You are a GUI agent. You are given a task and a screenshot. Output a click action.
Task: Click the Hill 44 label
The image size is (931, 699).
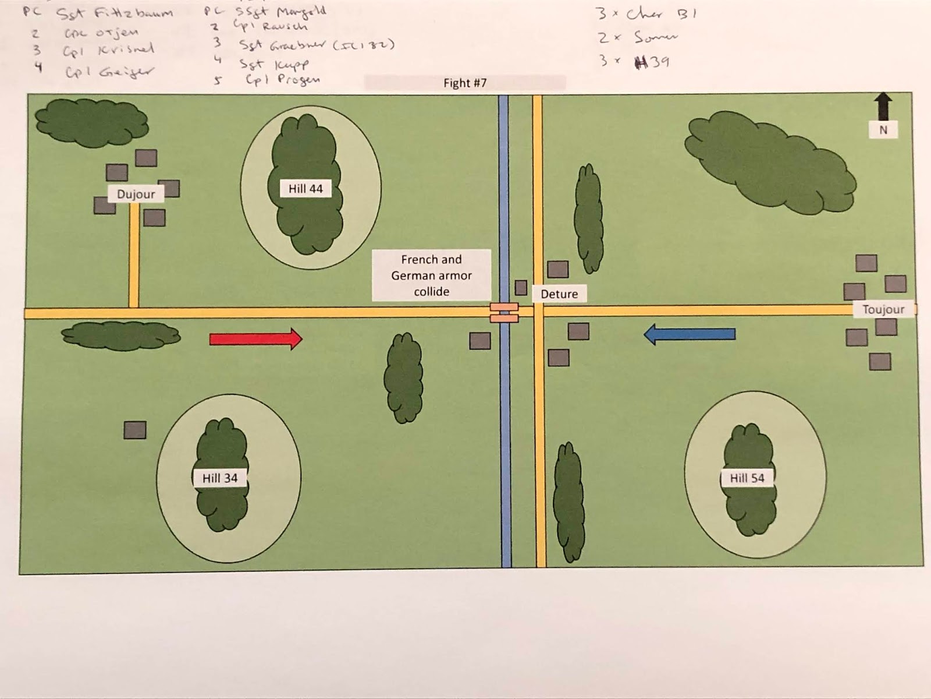[x=305, y=189]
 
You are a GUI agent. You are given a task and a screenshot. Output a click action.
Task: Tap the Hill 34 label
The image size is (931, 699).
[x=220, y=478]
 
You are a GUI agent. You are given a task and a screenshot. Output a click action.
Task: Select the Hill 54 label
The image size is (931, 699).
[x=747, y=478]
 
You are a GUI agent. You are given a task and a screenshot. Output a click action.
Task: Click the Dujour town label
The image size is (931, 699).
[x=136, y=194]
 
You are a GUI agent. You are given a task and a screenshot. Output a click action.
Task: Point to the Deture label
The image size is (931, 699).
[x=559, y=294]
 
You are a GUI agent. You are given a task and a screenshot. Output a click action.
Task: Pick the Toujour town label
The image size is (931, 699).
[x=883, y=309]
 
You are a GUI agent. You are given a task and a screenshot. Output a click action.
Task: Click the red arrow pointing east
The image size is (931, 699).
[x=255, y=338]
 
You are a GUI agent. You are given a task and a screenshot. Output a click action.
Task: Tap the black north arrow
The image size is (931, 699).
[x=883, y=106]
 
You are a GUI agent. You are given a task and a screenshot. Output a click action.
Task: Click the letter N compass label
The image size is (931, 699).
[x=883, y=130]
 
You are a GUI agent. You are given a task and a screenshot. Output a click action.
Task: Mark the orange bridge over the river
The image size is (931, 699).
[x=504, y=312]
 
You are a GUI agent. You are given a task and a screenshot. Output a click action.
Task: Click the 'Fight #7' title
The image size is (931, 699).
[x=465, y=83]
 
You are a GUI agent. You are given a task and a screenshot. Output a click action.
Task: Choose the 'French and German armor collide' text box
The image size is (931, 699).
[x=431, y=276]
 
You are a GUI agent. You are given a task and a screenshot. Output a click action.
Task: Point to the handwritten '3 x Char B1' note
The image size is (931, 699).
[x=646, y=13]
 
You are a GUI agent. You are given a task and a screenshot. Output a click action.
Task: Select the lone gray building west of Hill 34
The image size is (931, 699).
[x=135, y=430]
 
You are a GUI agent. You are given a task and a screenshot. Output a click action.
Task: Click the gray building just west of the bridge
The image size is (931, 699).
[x=480, y=341]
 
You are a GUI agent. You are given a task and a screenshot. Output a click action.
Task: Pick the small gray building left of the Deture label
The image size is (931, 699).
[x=521, y=288]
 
